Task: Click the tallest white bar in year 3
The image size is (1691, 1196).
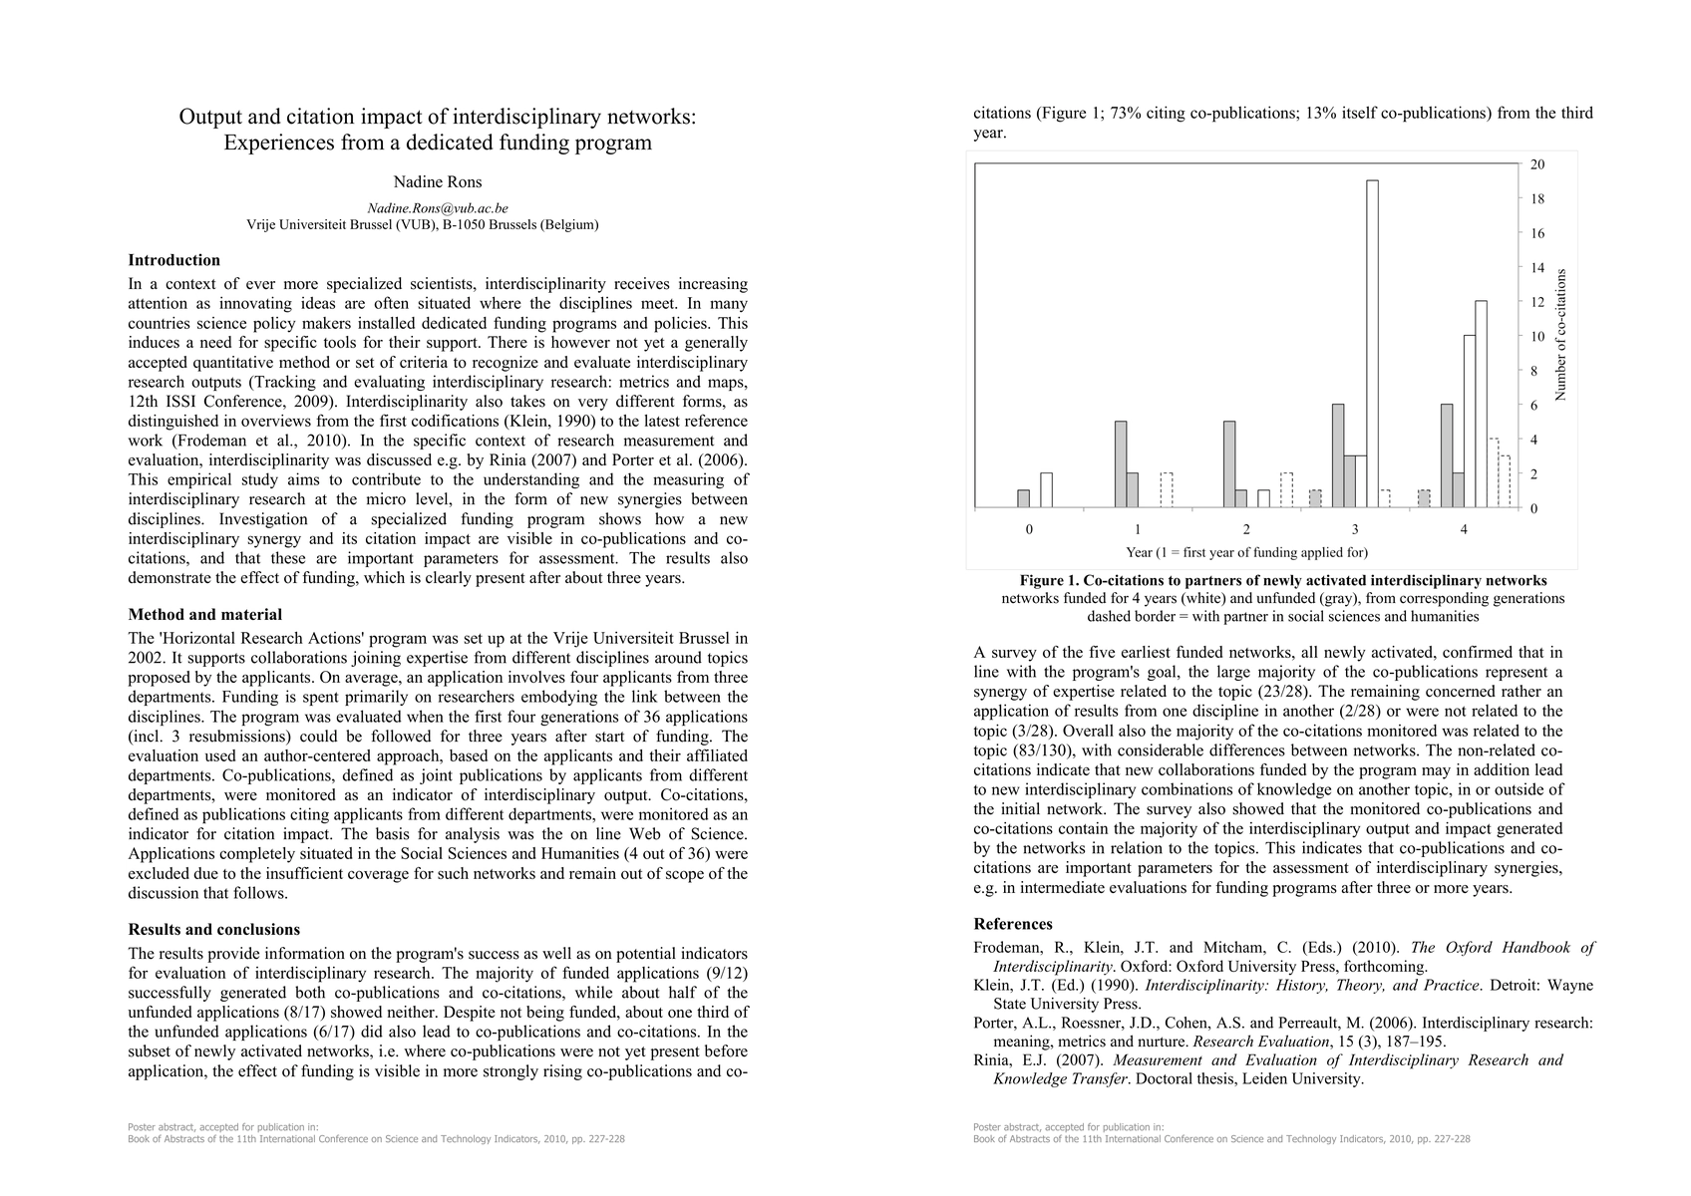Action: point(1372,344)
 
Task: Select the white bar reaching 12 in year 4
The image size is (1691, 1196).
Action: point(1481,404)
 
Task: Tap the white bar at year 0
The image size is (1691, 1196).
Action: point(1046,490)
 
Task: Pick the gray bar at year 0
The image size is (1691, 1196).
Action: point(1023,498)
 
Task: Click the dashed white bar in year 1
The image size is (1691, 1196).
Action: point(1167,490)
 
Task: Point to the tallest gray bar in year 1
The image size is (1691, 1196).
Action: point(1121,464)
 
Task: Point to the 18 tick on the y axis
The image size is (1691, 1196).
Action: point(1537,199)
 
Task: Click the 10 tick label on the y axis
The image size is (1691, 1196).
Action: point(1537,337)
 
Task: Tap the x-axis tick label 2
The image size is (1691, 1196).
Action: point(1246,530)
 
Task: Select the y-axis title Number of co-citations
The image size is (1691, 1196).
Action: point(1561,335)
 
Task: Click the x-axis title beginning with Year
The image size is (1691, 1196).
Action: point(1246,552)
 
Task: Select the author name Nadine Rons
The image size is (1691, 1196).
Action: point(438,182)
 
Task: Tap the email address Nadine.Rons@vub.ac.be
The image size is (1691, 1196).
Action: point(438,208)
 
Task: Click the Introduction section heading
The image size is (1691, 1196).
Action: point(174,260)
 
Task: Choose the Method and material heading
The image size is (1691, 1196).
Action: point(205,615)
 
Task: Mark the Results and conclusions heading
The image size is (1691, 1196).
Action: point(214,930)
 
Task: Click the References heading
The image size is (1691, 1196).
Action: point(1013,924)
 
